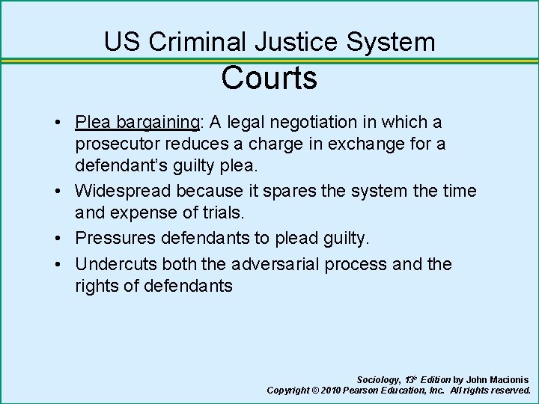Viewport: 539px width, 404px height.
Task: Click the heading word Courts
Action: pos(269,78)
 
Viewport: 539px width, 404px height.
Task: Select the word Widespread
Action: pos(132,192)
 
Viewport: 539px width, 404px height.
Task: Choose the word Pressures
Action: pos(120,238)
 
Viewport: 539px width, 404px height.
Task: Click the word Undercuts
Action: pos(121,264)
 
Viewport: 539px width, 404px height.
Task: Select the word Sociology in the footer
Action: pos(379,380)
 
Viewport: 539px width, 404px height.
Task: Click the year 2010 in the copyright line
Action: pos(331,391)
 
